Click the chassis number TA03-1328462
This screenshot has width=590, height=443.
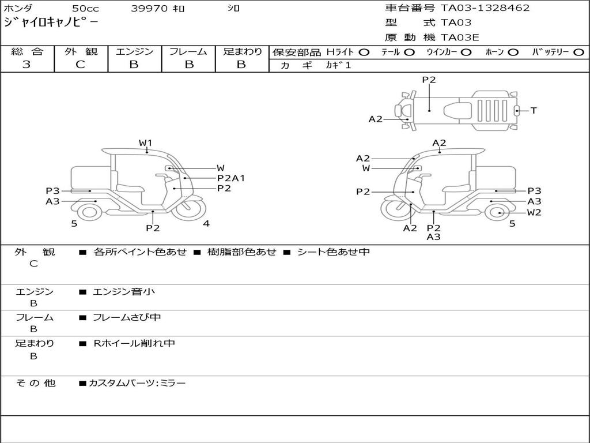tap(485, 8)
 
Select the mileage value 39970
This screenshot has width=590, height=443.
tap(149, 8)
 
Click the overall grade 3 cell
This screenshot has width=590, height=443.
tap(27, 65)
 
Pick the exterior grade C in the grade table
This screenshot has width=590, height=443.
tap(80, 65)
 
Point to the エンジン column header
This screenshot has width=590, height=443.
tap(134, 52)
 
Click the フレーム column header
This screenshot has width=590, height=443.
tap(188, 52)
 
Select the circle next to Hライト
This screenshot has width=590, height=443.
tap(364, 52)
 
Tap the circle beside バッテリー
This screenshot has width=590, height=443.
tap(578, 52)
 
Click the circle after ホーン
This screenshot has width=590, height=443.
tap(513, 52)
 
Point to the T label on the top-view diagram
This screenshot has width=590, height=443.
tap(534, 110)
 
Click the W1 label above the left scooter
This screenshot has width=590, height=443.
tap(145, 142)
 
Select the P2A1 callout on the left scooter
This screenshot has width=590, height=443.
tap(231, 178)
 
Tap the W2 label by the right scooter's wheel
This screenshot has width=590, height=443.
tap(534, 212)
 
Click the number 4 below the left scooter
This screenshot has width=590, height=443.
tap(206, 224)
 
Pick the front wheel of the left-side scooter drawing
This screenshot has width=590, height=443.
tap(189, 209)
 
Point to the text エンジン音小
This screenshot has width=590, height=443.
tap(124, 292)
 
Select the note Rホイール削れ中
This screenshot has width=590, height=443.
tap(134, 343)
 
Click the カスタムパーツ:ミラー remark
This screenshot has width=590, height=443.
tap(137, 383)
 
